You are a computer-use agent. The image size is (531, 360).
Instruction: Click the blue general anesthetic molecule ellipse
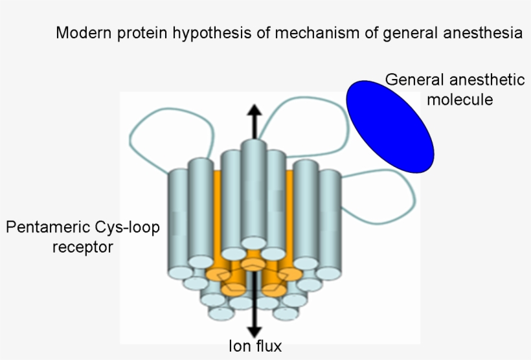tap(390, 126)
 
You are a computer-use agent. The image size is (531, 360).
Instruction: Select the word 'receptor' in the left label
tap(82, 247)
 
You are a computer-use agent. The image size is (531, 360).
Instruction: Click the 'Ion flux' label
tap(254, 346)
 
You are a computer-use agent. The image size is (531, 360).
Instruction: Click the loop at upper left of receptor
tap(172, 129)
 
